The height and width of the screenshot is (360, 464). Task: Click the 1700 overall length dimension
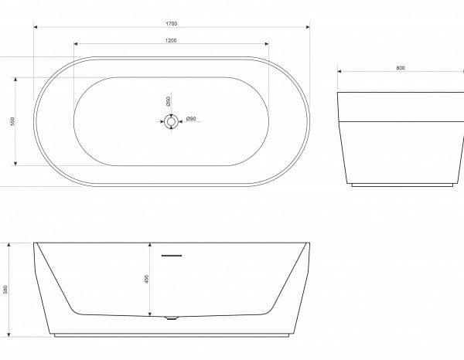pos(171,24)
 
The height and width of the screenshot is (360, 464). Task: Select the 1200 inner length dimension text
pos(171,40)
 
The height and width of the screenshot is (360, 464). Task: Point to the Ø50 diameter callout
pos(169,101)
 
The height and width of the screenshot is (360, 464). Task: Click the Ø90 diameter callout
pos(191,119)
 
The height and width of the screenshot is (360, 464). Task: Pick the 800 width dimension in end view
pos(400,68)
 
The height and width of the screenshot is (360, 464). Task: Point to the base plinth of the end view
pos(400,185)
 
